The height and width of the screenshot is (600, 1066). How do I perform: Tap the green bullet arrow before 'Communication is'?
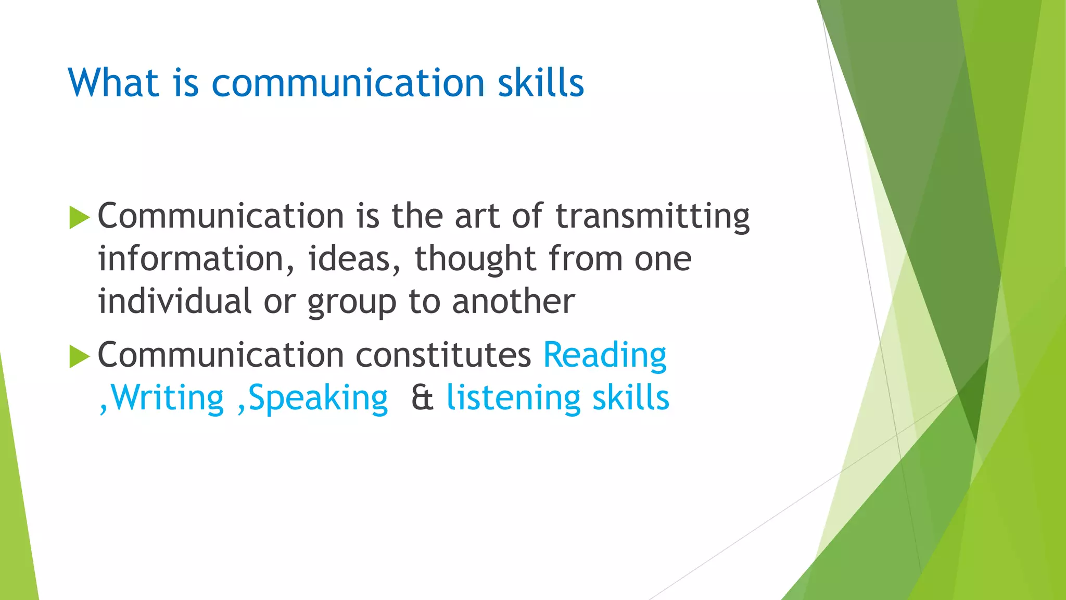pos(79,217)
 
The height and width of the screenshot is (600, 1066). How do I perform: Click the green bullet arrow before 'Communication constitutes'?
pos(79,357)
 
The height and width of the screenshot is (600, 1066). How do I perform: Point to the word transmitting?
pos(653,216)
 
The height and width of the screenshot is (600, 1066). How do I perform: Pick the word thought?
pos(475,259)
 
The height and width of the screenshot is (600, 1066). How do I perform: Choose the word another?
pos(513,302)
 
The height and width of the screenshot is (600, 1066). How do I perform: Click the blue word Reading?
pos(605,356)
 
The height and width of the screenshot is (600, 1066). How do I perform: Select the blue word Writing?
pos(167,398)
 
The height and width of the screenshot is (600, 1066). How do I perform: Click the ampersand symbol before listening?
pos(422,398)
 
